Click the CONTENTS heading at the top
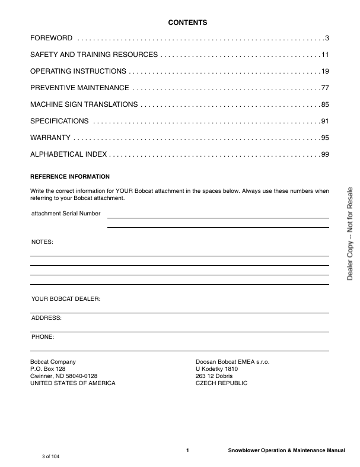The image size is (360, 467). coord(187,23)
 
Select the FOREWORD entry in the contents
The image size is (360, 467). coord(52,39)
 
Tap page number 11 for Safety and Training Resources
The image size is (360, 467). coord(325,55)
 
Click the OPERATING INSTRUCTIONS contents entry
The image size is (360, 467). coord(78,72)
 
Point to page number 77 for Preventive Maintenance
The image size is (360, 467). coord(325,88)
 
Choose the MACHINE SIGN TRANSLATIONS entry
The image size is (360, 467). coord(84,105)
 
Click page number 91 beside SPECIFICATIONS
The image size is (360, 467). coord(325,122)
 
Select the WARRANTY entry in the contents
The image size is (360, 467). coord(50,138)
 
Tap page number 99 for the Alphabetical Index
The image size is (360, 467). coord(325,155)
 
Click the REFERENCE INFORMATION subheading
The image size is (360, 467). coord(70,177)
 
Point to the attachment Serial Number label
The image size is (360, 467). coord(66,213)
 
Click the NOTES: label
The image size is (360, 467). coord(42,243)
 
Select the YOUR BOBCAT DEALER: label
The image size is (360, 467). coord(66,299)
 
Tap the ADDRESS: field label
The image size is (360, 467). coord(46,318)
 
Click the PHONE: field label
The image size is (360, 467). coord(43,337)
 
